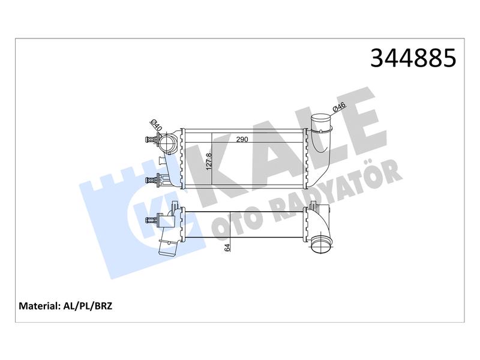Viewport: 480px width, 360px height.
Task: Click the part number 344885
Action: click(x=413, y=58)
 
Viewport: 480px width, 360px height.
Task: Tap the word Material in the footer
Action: click(x=38, y=306)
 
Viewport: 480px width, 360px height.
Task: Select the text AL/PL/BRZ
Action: click(x=88, y=306)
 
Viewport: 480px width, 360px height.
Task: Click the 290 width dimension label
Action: click(x=242, y=139)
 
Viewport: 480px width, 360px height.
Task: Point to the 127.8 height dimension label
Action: click(x=209, y=161)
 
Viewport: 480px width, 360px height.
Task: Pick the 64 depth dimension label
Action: click(x=227, y=248)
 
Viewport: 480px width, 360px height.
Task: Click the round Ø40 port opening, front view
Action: click(x=167, y=142)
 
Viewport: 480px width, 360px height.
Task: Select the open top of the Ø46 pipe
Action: click(x=321, y=117)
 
